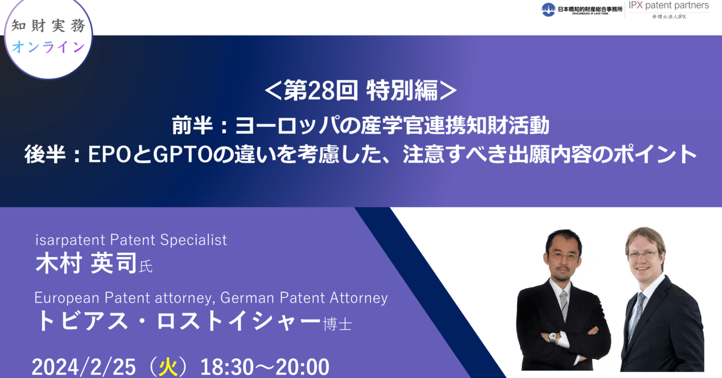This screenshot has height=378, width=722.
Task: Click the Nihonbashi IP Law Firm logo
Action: pyautogui.click(x=580, y=9)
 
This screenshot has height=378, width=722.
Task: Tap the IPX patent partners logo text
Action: pyautogui.click(x=669, y=6)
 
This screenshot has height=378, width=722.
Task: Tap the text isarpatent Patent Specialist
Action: pyautogui.click(x=131, y=240)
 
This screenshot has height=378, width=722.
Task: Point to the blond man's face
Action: pyautogui.click(x=644, y=254)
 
